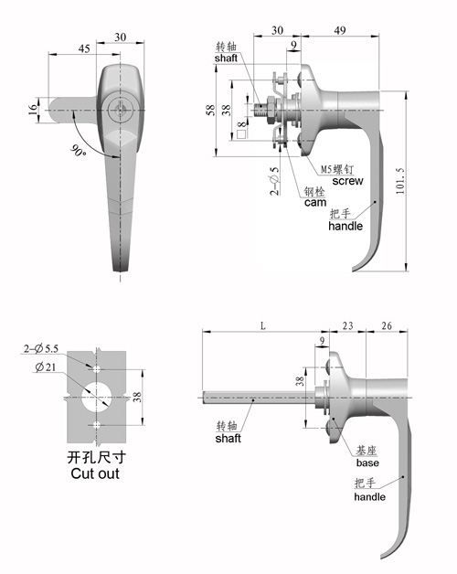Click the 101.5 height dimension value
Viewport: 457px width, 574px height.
pyautogui.click(x=400, y=181)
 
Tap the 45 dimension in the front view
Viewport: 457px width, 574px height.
pyautogui.click(x=84, y=48)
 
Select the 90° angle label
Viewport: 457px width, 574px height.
pyautogui.click(x=79, y=151)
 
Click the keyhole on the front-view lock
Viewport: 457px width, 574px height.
pyautogui.click(x=119, y=110)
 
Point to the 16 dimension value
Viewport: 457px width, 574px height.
pyautogui.click(x=33, y=110)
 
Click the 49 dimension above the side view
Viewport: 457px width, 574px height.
pyautogui.click(x=340, y=30)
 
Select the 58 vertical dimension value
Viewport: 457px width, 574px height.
pyautogui.click(x=210, y=111)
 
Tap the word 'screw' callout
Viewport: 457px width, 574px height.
pyautogui.click(x=347, y=181)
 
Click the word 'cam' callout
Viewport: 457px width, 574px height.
pyautogui.click(x=315, y=202)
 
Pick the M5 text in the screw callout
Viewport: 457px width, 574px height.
pyautogui.click(x=326, y=169)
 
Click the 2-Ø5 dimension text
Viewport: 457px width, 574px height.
pyautogui.click(x=274, y=181)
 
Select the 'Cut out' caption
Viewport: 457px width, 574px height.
pyautogui.click(x=95, y=473)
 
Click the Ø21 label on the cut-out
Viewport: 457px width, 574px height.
pyautogui.click(x=46, y=367)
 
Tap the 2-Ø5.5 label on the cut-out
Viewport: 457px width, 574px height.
pyautogui.click(x=41, y=349)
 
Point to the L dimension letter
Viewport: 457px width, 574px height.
pyautogui.click(x=263, y=325)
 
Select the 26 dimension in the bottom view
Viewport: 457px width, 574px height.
pyautogui.click(x=387, y=325)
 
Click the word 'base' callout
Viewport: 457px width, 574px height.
pyautogui.click(x=367, y=462)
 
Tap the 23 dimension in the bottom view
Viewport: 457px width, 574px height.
pyautogui.click(x=347, y=325)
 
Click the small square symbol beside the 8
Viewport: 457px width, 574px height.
pyautogui.click(x=241, y=134)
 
